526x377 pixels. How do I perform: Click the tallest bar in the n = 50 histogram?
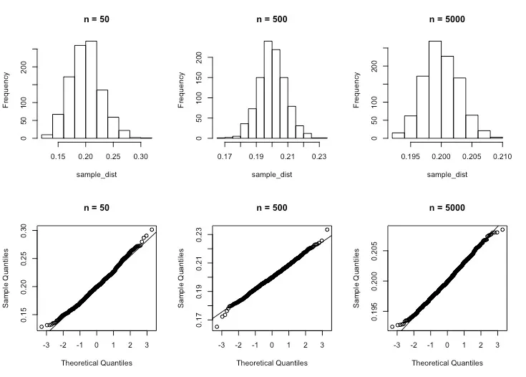(92, 90)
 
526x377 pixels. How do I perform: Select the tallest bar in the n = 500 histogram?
(268, 90)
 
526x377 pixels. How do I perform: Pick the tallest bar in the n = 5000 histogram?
(435, 90)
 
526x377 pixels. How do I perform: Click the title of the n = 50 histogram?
(97, 19)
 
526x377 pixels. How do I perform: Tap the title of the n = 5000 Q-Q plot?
(447, 208)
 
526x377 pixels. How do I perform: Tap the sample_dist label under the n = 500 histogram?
(272, 174)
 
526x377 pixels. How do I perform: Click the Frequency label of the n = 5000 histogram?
(356, 90)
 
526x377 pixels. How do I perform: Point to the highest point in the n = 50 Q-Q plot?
(152, 229)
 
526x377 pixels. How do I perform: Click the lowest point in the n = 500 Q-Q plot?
(217, 327)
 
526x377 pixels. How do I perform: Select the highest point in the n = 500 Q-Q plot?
(327, 229)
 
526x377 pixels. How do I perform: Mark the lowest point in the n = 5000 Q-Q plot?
(392, 327)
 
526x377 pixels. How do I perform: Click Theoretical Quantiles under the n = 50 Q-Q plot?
(97, 363)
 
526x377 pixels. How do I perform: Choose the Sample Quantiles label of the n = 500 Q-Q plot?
(181, 278)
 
